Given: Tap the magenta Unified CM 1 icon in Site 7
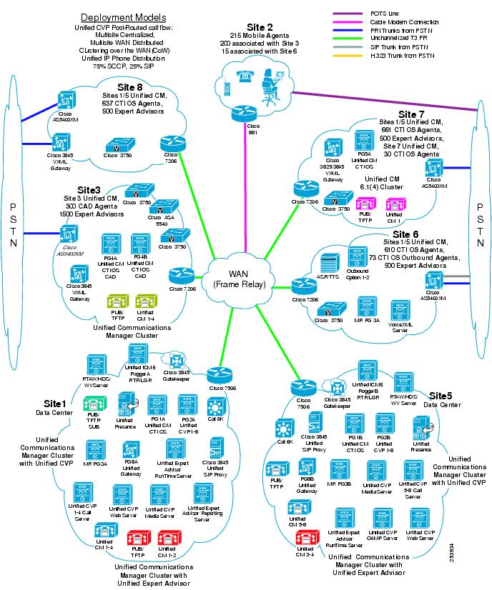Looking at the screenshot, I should tap(394, 206).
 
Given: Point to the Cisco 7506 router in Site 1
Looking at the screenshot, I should tap(217, 374).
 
